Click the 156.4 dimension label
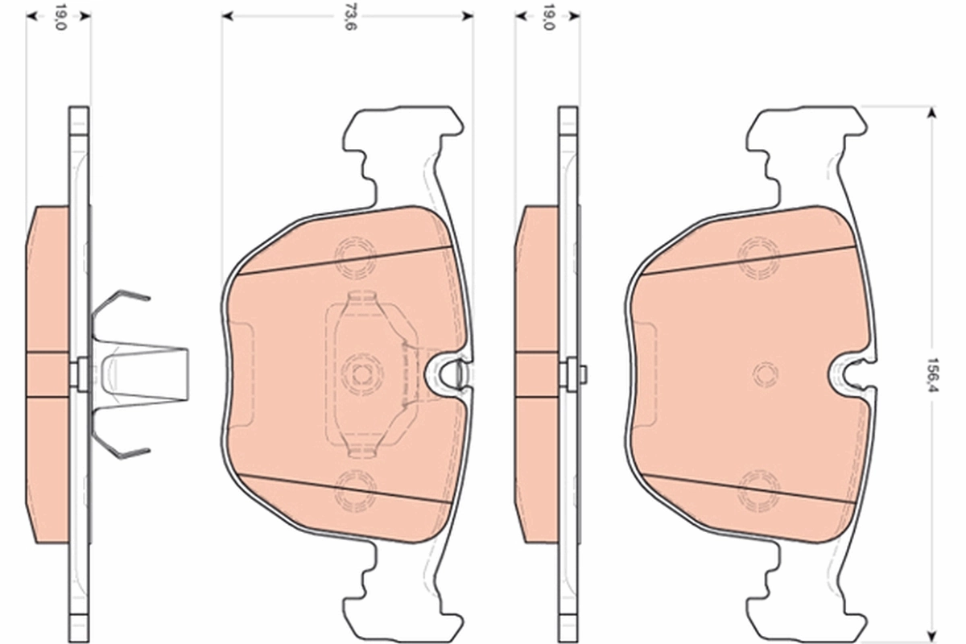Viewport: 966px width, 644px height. (x=933, y=374)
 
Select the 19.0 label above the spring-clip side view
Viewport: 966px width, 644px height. (x=60, y=17)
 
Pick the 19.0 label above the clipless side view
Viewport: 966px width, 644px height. (x=548, y=17)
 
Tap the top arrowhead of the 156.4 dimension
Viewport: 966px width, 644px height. (x=932, y=113)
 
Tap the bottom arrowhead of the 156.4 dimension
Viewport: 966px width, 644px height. (x=932, y=635)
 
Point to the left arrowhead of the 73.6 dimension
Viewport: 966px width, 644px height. (x=228, y=16)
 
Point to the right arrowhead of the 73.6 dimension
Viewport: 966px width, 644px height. (x=467, y=16)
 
